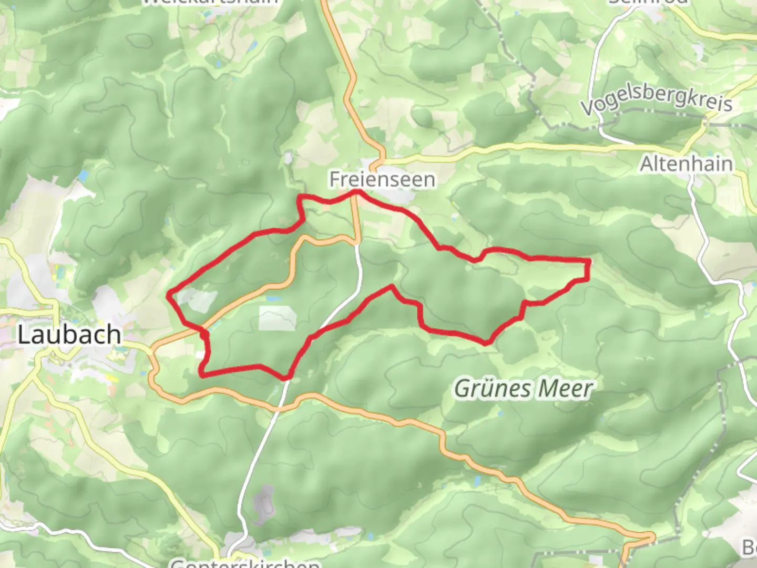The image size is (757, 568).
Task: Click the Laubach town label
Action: (x=69, y=335)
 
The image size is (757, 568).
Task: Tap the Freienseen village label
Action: (x=382, y=179)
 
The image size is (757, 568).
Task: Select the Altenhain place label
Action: (x=686, y=164)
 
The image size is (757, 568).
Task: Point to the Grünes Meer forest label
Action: (x=523, y=389)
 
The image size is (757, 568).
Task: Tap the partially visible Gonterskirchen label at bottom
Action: (x=245, y=563)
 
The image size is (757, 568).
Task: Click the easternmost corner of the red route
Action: (x=588, y=261)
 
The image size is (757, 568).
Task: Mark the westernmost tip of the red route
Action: (x=168, y=296)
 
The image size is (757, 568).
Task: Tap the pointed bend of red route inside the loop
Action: (x=391, y=286)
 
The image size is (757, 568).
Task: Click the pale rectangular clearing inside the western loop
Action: (x=277, y=318)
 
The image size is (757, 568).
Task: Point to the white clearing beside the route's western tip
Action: (x=197, y=300)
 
